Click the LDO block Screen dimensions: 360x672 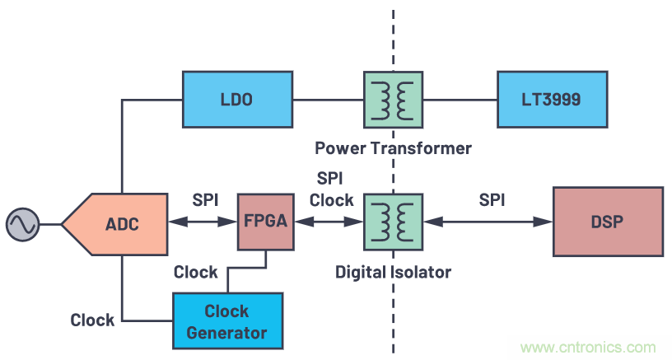(236, 100)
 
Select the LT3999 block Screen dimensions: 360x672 (551, 100)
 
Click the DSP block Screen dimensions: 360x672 (607, 222)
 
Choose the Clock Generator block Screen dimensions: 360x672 (226, 321)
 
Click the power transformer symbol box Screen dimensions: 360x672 (393, 100)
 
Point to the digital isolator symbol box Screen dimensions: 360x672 (393, 222)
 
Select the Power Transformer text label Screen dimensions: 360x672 (393, 148)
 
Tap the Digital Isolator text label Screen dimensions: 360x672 (393, 271)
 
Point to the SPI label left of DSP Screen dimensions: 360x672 (492, 200)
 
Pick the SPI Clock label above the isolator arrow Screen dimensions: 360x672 (330, 189)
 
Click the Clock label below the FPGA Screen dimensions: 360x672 (195, 271)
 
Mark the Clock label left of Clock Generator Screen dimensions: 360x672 (92, 320)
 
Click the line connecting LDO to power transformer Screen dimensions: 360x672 (328, 100)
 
